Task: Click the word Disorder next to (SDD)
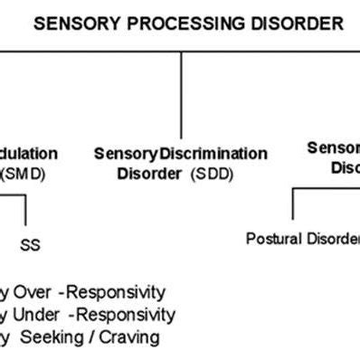click(149, 173)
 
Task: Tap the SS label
click(30, 245)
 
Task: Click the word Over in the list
click(33, 292)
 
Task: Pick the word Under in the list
click(39, 315)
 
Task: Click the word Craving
click(131, 337)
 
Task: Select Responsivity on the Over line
click(120, 292)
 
